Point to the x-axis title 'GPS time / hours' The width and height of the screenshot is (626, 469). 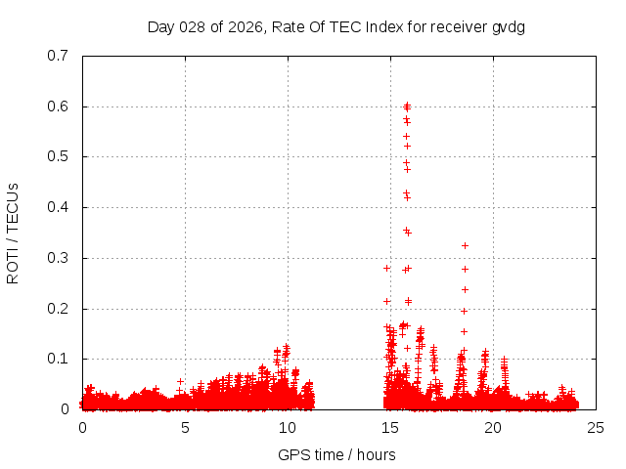coord(336,454)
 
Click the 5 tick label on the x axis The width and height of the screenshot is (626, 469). coord(185,427)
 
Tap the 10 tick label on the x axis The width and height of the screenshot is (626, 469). coord(288,427)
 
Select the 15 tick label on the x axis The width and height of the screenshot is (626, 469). coord(390,427)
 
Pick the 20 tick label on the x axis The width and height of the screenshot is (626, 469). coord(493,427)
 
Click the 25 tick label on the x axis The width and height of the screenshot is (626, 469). coord(596,427)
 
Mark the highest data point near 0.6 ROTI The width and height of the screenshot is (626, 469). coord(407,105)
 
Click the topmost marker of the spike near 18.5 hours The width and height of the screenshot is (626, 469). coord(465,245)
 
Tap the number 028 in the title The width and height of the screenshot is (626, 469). coord(188,27)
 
